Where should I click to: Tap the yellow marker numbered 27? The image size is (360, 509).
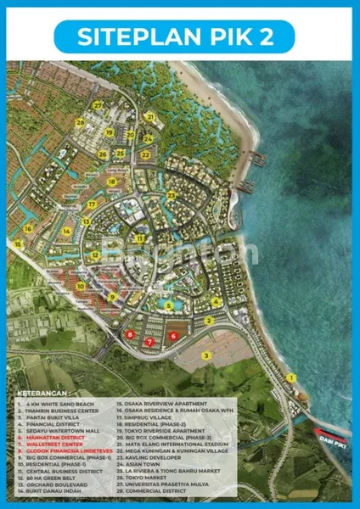click(98, 105)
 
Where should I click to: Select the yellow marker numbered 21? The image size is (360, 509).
click(150, 116)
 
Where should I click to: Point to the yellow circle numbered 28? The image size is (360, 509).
click(80, 122)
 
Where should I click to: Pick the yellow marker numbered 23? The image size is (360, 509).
click(172, 195)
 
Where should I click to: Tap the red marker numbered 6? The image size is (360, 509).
click(173, 335)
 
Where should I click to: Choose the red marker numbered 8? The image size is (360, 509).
click(129, 335)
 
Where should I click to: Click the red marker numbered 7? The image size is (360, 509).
click(149, 342)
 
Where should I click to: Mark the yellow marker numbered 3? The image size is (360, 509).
click(205, 355)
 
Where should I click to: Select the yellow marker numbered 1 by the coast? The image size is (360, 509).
click(290, 377)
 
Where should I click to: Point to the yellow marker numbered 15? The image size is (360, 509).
click(28, 228)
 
